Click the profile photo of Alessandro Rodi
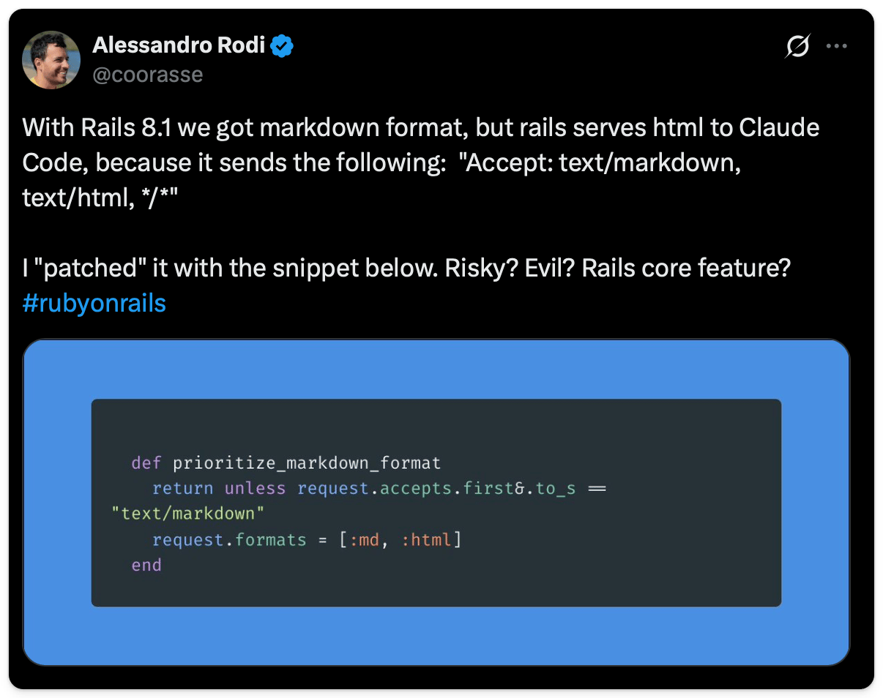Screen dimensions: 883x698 click(51, 60)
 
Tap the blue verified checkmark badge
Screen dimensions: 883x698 click(281, 45)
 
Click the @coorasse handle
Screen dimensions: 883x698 click(148, 75)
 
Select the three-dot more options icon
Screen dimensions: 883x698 click(836, 46)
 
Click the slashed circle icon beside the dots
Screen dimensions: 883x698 click(797, 45)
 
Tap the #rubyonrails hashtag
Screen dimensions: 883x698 click(94, 303)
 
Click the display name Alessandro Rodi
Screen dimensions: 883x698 click(179, 45)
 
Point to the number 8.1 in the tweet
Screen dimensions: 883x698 click(157, 127)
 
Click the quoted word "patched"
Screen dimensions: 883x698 click(91, 269)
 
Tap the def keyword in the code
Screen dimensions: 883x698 click(146, 463)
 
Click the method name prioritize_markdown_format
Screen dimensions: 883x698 click(307, 463)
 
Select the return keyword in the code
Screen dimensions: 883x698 click(182, 489)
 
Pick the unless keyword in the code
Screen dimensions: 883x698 click(255, 489)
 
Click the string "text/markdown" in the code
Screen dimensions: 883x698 click(188, 514)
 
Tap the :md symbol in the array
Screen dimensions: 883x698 click(364, 540)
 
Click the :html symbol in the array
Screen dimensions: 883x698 click(426, 540)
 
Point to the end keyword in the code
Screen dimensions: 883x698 click(146, 566)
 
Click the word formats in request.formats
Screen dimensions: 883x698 click(270, 540)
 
